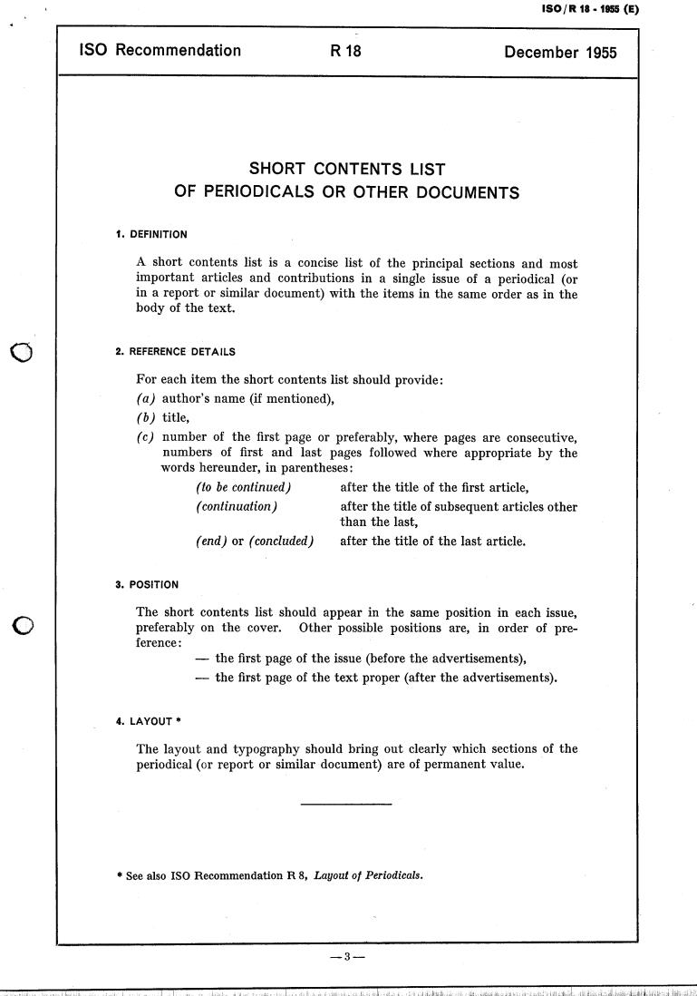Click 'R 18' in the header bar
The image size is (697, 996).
tap(345, 52)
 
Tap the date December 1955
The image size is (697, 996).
tap(560, 52)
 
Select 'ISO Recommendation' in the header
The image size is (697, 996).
tap(160, 52)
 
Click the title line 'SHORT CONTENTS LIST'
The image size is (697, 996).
tap(347, 170)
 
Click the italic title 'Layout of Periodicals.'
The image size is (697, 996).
tap(368, 876)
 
